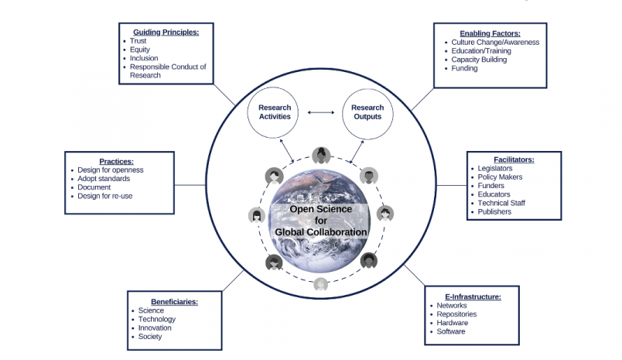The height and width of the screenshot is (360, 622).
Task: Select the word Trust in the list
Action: pyautogui.click(x=139, y=40)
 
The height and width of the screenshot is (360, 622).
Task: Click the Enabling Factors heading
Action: pyautogui.click(x=490, y=33)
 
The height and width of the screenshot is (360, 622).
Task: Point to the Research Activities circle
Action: pyautogui.click(x=274, y=112)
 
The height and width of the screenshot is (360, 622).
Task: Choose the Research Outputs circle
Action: pyautogui.click(x=367, y=112)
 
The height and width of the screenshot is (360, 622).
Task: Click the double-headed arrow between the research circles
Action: pyautogui.click(x=320, y=113)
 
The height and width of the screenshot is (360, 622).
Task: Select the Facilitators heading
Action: pyautogui.click(x=513, y=159)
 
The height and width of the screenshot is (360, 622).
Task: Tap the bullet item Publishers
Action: pyautogui.click(x=495, y=212)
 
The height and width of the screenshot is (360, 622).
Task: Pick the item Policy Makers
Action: pyautogui.click(x=500, y=177)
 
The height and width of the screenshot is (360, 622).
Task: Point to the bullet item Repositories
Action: pyautogui.click(x=456, y=314)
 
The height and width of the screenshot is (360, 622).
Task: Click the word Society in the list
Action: pyautogui.click(x=150, y=337)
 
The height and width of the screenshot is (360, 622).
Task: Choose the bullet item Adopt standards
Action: pyautogui.click(x=104, y=179)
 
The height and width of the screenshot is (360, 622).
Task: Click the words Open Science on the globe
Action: pyautogui.click(x=320, y=209)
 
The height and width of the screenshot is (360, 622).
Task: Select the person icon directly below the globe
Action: pyautogui.click(x=320, y=284)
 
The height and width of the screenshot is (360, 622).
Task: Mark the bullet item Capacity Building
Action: pyautogui.click(x=479, y=60)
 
